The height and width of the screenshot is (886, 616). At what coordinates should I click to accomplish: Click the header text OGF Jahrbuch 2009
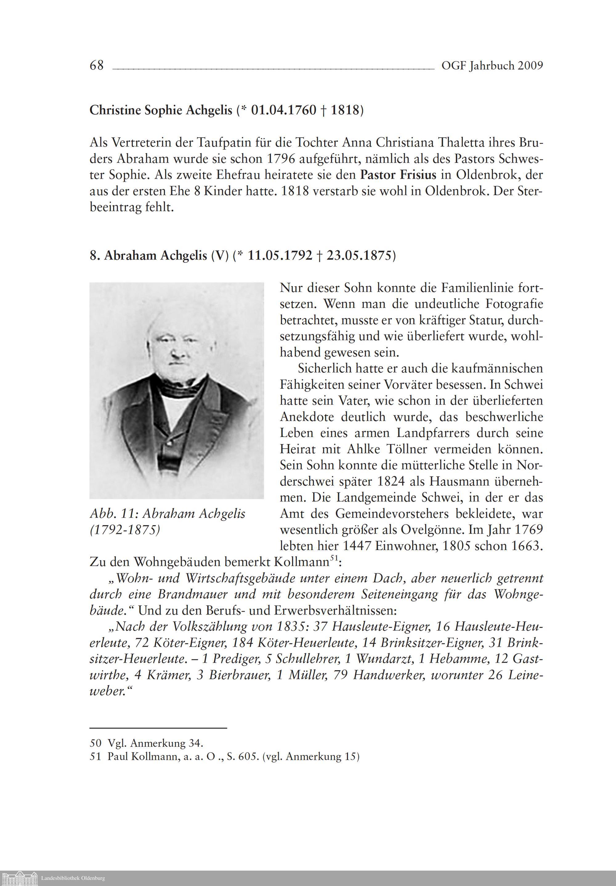pos(492,66)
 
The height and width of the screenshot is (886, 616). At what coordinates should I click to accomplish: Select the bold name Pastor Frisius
pos(398,175)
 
